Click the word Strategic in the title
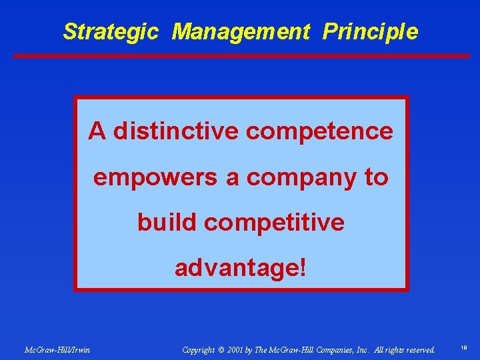click(111, 31)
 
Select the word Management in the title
click(241, 31)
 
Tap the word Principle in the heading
click(371, 31)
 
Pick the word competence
click(319, 131)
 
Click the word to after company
click(375, 177)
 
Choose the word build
click(168, 223)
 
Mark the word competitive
click(275, 223)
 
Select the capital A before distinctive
click(97, 131)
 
